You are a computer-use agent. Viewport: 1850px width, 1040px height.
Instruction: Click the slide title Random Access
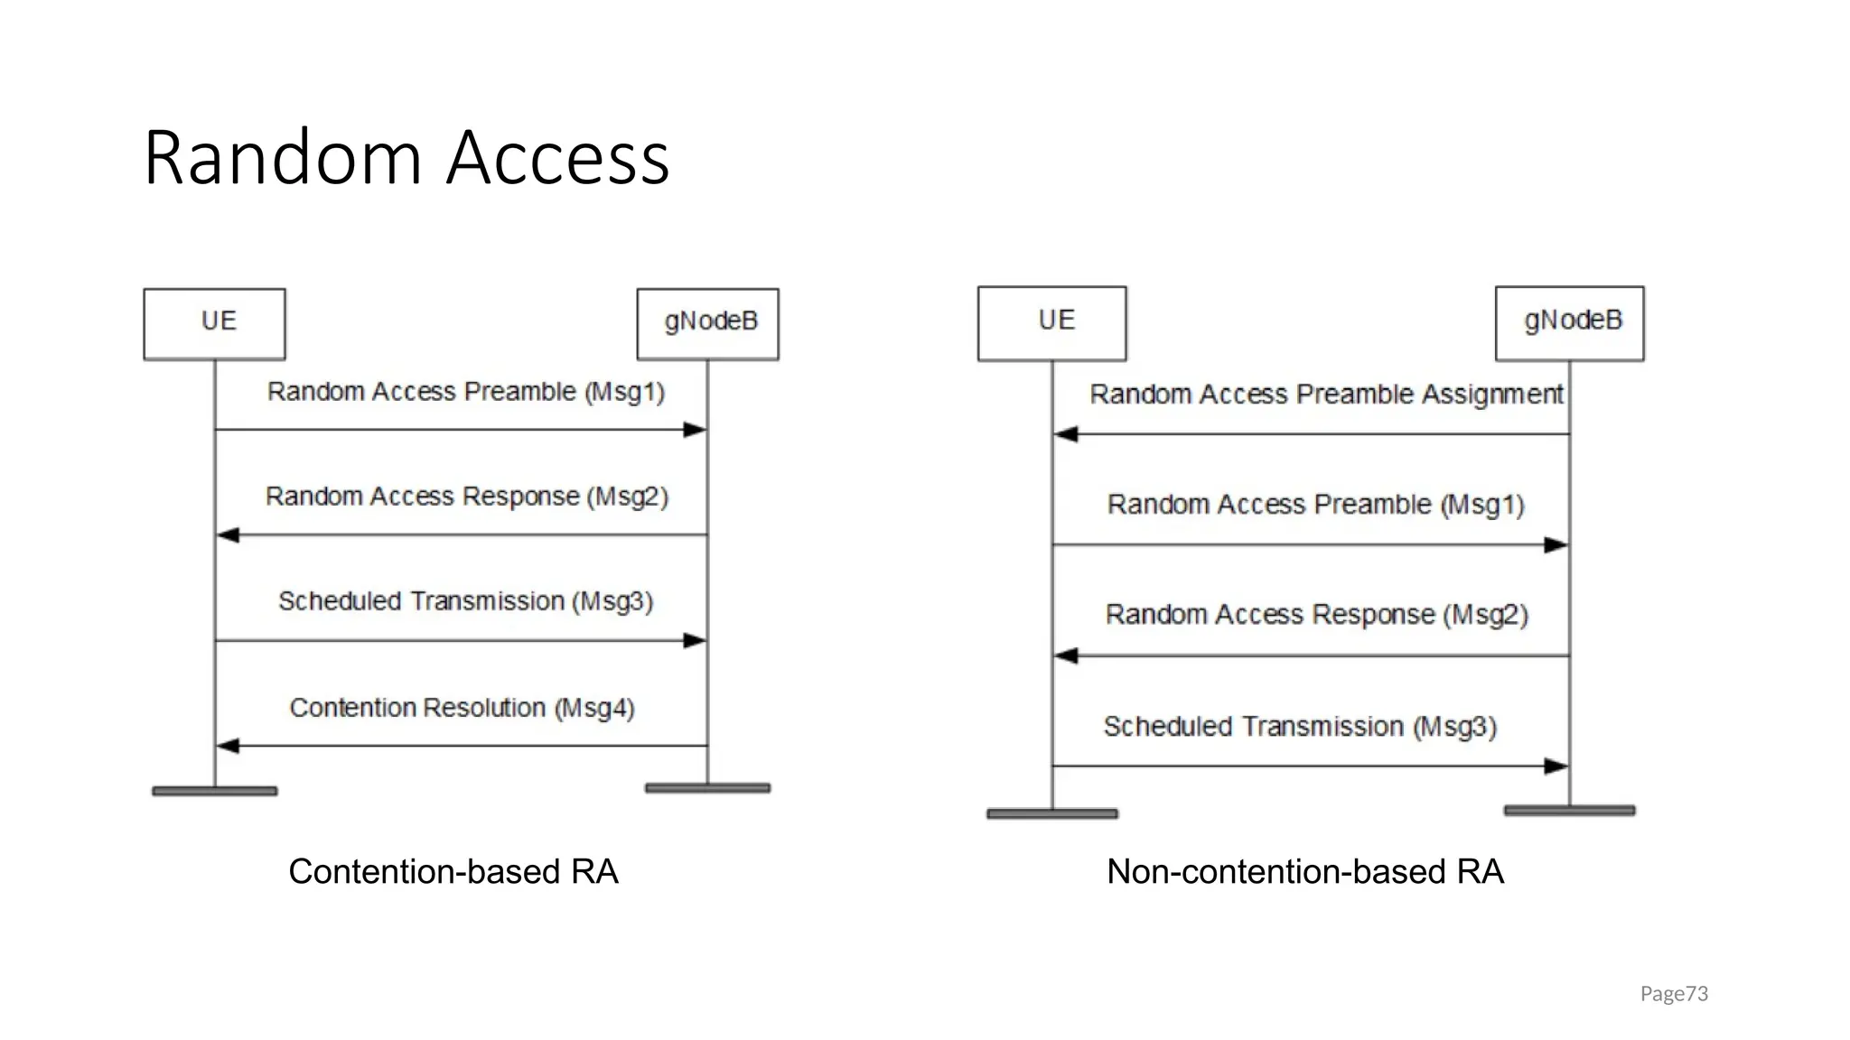(406, 158)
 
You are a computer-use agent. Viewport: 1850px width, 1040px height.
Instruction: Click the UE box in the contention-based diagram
(214, 323)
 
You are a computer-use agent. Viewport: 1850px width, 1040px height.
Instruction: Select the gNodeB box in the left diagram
(707, 323)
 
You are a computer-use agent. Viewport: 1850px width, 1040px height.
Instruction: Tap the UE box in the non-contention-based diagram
(1051, 323)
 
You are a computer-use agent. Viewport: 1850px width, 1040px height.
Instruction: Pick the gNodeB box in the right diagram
(1569, 323)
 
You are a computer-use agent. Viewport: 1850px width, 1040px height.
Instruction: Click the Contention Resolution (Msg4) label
(462, 708)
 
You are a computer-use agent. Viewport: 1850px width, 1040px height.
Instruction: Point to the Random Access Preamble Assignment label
(1325, 395)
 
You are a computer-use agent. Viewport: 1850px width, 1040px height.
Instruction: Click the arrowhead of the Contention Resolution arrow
(227, 746)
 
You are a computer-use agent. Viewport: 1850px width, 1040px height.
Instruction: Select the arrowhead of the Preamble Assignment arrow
(1066, 434)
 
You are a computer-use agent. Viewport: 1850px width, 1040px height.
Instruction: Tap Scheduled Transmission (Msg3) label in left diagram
(465, 601)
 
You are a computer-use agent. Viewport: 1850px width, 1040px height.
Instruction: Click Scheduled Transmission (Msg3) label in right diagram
(1300, 727)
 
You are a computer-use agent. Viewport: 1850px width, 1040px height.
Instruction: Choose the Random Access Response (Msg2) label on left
(466, 497)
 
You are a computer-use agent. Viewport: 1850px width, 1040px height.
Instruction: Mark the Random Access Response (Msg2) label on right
(1316, 615)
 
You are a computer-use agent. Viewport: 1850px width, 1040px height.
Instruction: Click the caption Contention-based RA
(453, 871)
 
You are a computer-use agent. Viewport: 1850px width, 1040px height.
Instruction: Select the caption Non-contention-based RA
(1305, 871)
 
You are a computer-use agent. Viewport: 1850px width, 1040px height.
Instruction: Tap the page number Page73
(1673, 994)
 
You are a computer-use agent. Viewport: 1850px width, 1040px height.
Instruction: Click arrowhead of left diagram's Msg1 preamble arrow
(696, 430)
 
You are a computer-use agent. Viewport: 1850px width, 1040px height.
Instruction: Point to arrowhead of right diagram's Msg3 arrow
(1556, 766)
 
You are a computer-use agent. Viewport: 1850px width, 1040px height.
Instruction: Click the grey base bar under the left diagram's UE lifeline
(214, 791)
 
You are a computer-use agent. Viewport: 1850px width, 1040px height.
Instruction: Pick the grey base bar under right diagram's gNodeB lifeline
(1569, 811)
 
